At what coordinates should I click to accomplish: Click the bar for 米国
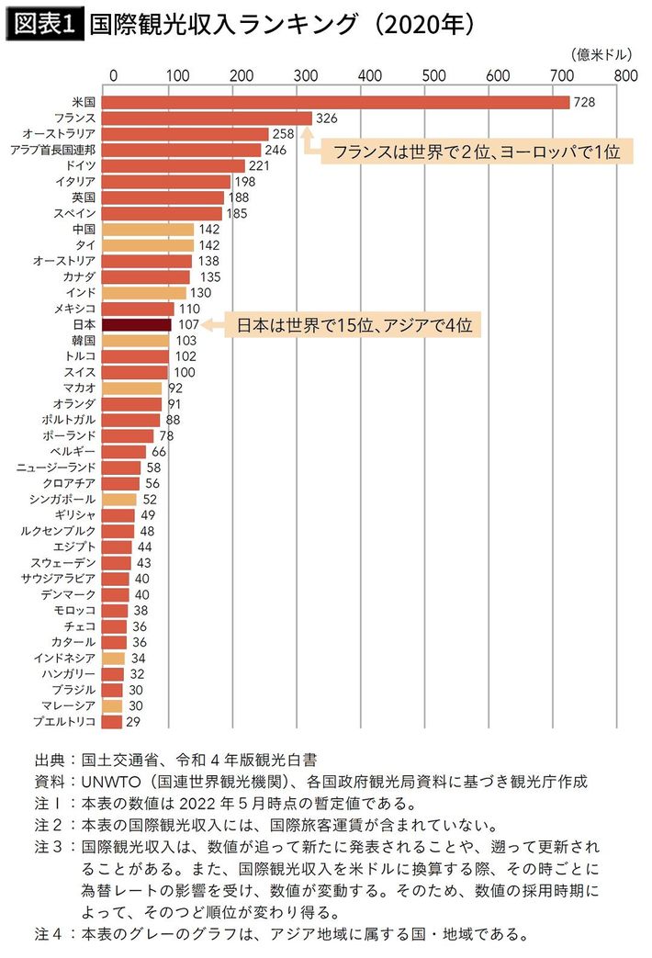click(335, 102)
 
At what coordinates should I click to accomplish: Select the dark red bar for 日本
click(136, 324)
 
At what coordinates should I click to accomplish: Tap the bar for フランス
click(207, 118)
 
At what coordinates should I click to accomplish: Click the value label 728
click(584, 102)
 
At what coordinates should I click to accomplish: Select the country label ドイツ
click(81, 165)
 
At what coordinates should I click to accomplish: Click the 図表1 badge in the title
click(43, 25)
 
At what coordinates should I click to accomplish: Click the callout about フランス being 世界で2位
click(477, 152)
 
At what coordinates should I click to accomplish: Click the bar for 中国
click(148, 229)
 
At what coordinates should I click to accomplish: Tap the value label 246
click(276, 150)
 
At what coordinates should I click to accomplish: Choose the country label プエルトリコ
click(64, 722)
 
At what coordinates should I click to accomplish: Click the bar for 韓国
click(135, 340)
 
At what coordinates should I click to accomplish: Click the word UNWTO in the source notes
click(112, 781)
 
